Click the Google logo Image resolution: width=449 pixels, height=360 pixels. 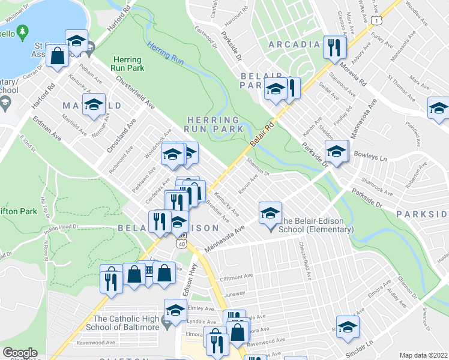click(x=20, y=353)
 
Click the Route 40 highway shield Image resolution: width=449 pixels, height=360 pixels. click(x=180, y=244)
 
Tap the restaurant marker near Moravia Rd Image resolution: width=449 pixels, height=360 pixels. click(x=335, y=47)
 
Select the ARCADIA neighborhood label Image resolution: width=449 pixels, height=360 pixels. click(x=295, y=44)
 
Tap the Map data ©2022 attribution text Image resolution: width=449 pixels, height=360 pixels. click(x=423, y=355)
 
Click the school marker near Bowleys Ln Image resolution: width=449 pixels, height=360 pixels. click(x=336, y=152)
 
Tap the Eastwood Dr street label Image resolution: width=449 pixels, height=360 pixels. click(x=205, y=36)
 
